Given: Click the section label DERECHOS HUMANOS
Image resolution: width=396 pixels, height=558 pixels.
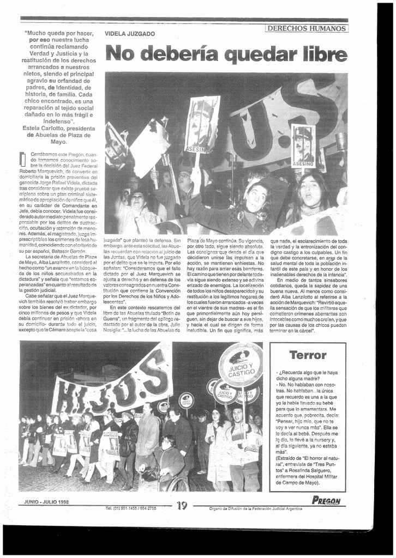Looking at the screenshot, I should [x=307, y=28].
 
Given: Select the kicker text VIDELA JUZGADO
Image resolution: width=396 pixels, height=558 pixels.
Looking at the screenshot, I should [x=130, y=34].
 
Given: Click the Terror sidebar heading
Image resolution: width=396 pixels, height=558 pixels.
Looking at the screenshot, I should [x=308, y=355].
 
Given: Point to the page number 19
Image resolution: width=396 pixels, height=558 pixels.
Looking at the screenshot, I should [x=182, y=505].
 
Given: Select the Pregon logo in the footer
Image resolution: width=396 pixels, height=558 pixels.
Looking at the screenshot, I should [x=326, y=501].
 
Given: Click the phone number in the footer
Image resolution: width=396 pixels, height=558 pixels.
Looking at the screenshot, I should [x=130, y=508].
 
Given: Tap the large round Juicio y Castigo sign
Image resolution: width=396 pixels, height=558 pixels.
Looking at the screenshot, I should [x=241, y=365].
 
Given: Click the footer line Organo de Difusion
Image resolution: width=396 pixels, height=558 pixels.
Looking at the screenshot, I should [x=255, y=508].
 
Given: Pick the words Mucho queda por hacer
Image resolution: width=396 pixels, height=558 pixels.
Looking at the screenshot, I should [x=59, y=33].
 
